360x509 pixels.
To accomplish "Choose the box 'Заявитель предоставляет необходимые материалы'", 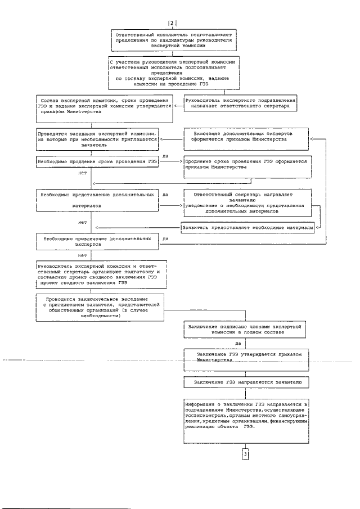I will pyautogui.click(x=247, y=228).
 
